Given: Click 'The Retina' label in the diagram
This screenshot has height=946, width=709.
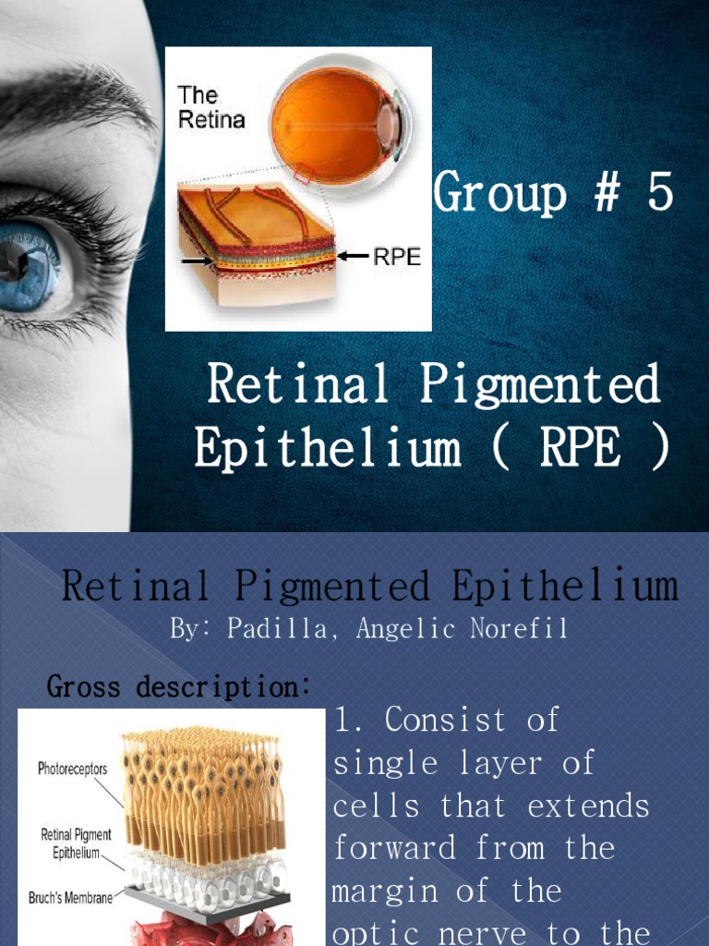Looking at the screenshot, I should [x=210, y=106].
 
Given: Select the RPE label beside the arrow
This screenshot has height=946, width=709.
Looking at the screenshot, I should [x=396, y=257].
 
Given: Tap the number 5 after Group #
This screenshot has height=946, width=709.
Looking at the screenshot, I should [x=659, y=194].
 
